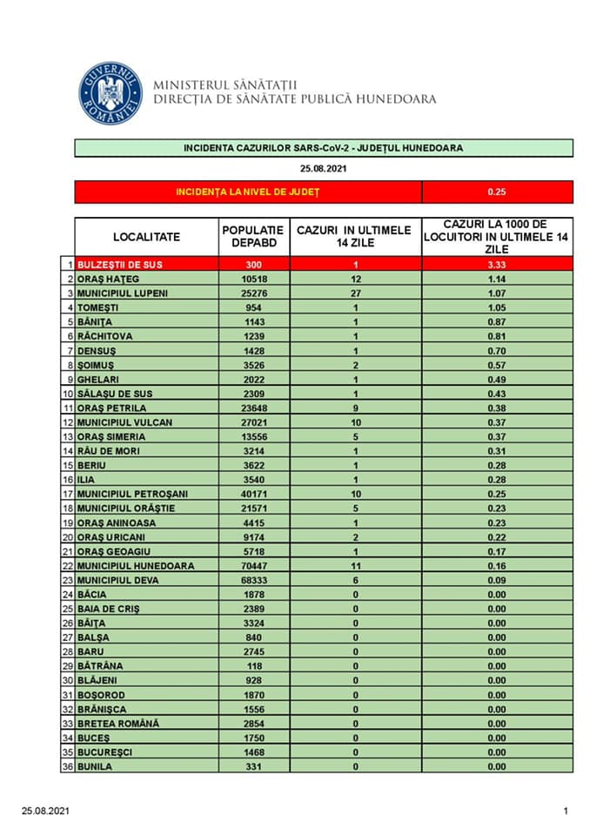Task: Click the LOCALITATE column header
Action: (146, 236)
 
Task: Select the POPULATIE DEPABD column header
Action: (253, 236)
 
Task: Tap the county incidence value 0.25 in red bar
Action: (497, 192)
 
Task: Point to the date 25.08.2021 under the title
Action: (323, 168)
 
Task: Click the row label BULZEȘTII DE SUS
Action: (120, 264)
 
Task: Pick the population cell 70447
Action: (253, 565)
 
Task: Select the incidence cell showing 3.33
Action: (497, 264)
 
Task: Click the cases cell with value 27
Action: (355, 293)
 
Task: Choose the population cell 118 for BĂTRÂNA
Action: (253, 665)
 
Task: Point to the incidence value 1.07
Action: (497, 293)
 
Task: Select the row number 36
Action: (66, 766)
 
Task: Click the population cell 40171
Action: (253, 494)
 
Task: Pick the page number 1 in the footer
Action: (566, 812)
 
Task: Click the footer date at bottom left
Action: (45, 812)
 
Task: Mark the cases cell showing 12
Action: (355, 279)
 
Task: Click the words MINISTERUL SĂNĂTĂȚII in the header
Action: (225, 85)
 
